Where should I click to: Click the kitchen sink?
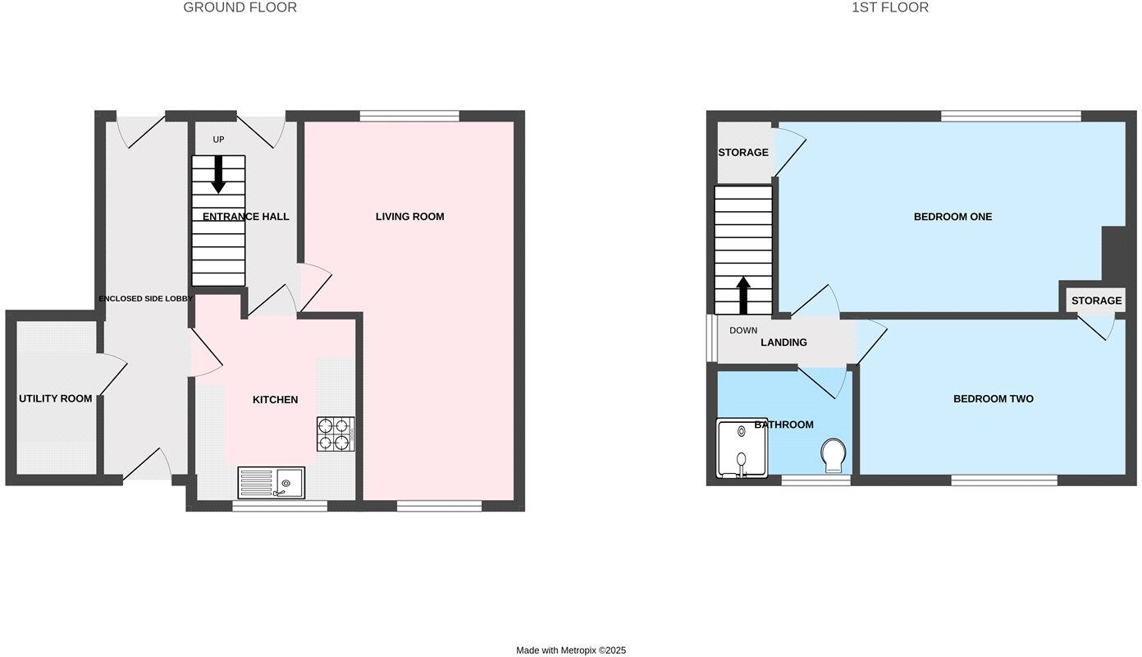click(x=272, y=482)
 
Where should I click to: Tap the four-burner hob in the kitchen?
click(x=336, y=434)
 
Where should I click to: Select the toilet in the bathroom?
click(x=834, y=455)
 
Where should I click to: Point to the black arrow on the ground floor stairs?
click(x=218, y=174)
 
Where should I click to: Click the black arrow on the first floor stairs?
click(x=743, y=295)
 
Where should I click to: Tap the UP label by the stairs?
click(x=218, y=140)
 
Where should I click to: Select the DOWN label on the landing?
click(x=743, y=331)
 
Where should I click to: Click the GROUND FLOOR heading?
click(x=240, y=8)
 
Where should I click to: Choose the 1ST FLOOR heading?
click(x=890, y=8)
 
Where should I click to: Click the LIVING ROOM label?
click(x=409, y=217)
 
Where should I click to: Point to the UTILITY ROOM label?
click(x=56, y=399)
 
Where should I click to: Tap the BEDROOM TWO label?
click(x=993, y=399)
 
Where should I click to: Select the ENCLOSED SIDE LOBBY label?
click(x=145, y=299)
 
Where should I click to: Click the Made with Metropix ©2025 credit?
click(x=570, y=650)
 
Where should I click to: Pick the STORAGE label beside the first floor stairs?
click(x=743, y=153)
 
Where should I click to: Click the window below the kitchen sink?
click(x=280, y=506)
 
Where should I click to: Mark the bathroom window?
click(x=815, y=480)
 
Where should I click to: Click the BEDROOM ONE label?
click(x=952, y=217)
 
